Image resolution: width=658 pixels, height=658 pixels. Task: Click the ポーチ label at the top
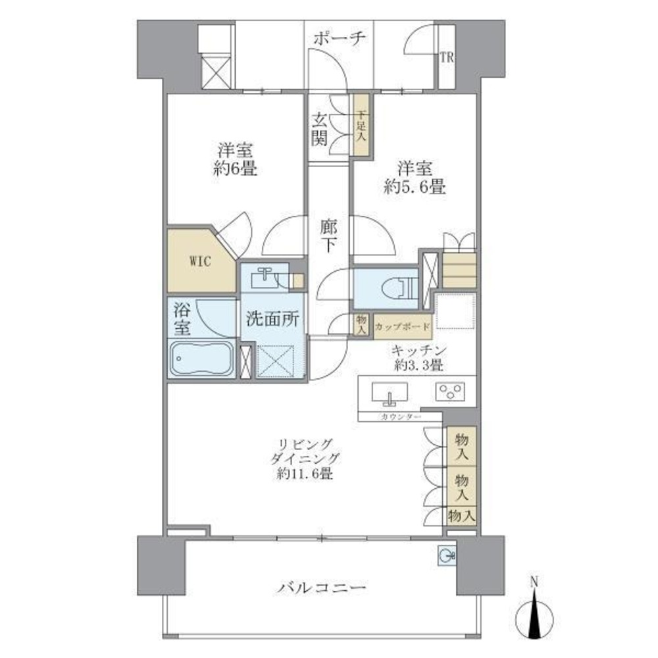[339, 38]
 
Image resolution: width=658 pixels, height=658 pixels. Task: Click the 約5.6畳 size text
[415, 187]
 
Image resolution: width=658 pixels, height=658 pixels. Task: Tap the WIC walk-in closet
[200, 261]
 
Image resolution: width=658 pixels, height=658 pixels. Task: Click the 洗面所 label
[273, 320]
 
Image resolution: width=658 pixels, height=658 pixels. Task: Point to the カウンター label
[392, 417]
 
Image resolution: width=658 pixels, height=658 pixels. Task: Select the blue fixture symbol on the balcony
[445, 556]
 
